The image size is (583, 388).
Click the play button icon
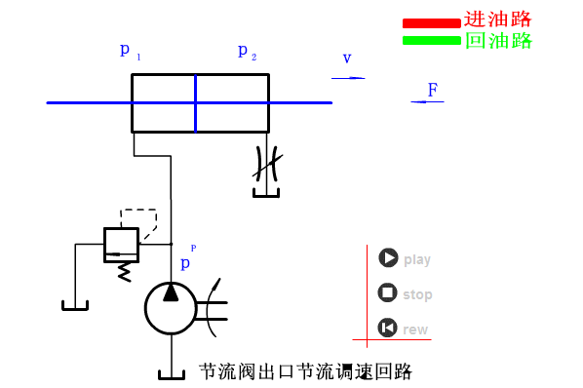coord(388,257)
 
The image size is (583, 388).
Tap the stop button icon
coord(387,292)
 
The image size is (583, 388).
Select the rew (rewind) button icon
coord(387,328)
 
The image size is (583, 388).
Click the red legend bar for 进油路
coord(431,23)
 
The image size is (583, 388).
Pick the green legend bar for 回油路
coord(431,41)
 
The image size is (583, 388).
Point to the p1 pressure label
coord(130,52)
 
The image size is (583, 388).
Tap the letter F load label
coord(433,90)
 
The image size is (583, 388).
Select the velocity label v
coord(347,58)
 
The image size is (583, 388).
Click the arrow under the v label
coord(348,78)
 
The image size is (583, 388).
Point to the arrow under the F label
coord(427,101)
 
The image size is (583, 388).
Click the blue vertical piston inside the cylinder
coord(196,103)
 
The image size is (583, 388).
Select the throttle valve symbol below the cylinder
coord(267,164)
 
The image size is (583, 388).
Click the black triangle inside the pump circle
coord(171,292)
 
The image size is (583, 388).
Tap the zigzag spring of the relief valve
coord(124,272)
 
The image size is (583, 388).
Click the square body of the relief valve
coord(121,246)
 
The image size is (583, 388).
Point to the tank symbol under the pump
coord(172,374)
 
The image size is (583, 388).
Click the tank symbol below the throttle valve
coord(266,193)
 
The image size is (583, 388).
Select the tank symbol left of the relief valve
coord(75,305)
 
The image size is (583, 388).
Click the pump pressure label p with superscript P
coord(188,257)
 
